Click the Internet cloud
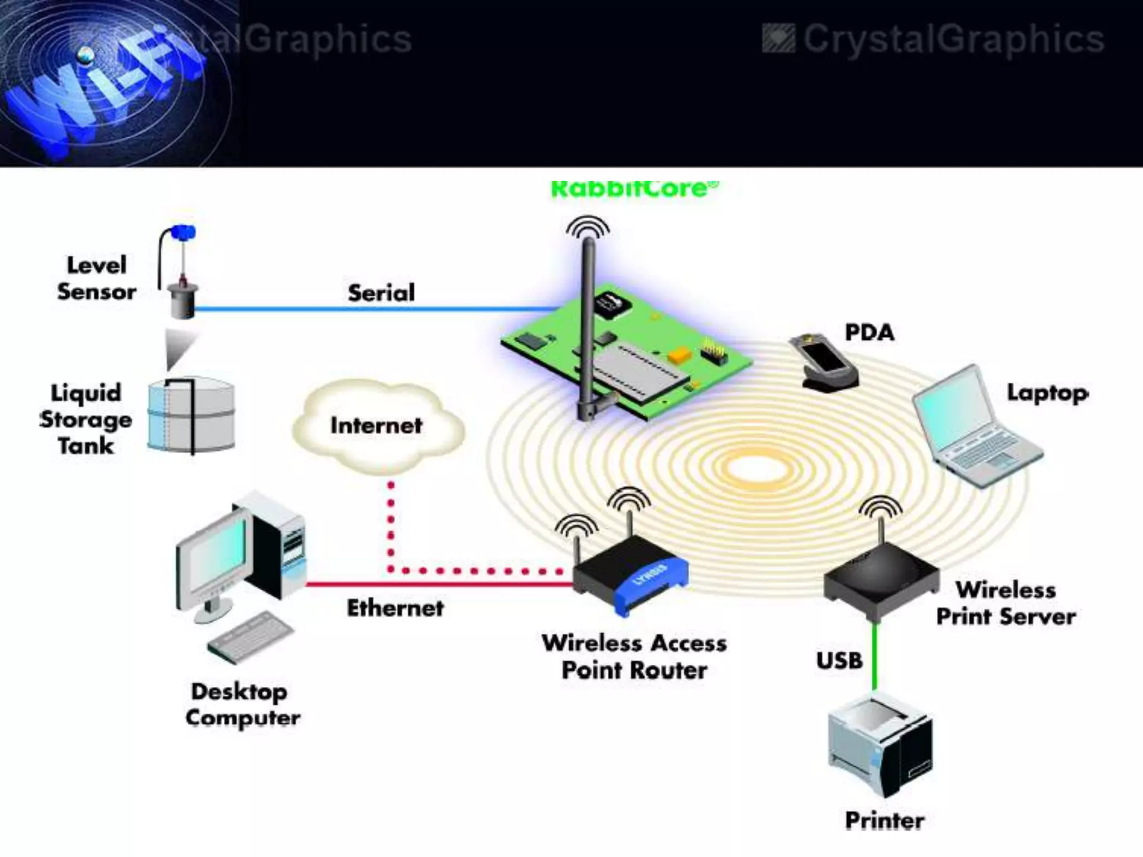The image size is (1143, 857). coord(377,426)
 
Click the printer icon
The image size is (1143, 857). coord(880,745)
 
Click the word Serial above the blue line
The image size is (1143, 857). coord(381,293)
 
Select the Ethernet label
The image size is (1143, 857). coord(395,608)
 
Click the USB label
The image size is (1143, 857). coord(839,661)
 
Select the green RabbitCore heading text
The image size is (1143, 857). coord(635,189)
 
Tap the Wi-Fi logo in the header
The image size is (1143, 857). coord(106,84)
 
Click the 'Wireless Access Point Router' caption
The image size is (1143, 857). coord(634,657)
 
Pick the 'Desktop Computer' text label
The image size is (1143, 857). coord(242,705)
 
